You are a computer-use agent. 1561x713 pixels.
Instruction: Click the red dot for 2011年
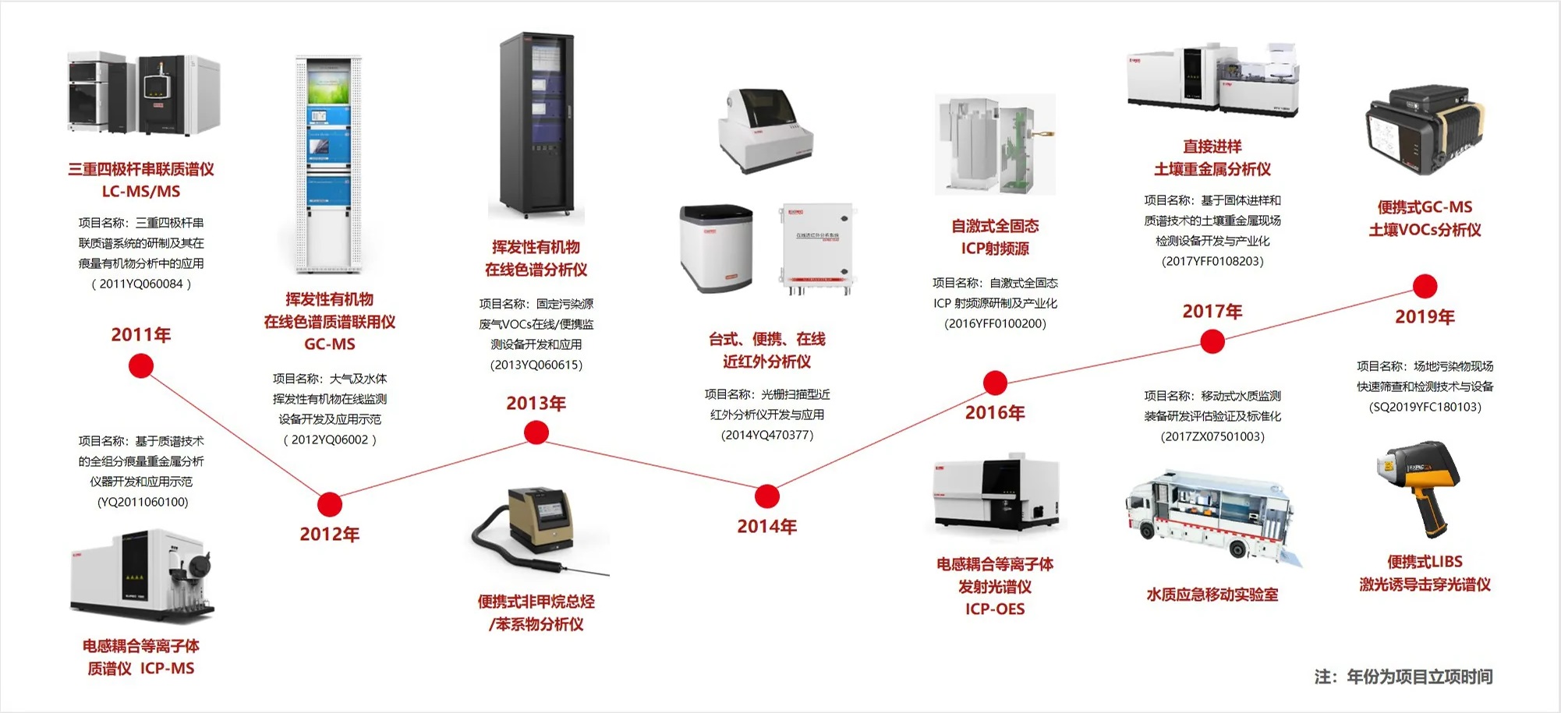[141, 365]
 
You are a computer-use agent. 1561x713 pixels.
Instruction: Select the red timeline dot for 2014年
[767, 496]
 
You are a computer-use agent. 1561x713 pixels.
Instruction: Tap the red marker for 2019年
[1425, 287]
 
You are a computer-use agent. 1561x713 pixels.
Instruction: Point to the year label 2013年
[536, 404]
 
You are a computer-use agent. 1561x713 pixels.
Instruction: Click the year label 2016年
[995, 413]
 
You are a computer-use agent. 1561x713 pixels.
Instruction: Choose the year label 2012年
[329, 535]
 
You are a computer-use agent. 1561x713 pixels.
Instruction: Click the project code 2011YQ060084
[141, 284]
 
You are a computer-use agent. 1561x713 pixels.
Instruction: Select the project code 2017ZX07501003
[1212, 436]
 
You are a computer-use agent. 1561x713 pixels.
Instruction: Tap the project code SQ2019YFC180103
[1425, 407]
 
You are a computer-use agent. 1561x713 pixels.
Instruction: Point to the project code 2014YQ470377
[767, 435]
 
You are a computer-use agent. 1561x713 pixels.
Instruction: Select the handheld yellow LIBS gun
[1419, 487]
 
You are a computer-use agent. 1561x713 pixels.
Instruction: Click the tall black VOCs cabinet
[537, 125]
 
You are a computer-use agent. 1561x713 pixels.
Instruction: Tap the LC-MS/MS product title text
[141, 192]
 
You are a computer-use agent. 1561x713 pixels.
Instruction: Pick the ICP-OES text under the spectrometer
[995, 609]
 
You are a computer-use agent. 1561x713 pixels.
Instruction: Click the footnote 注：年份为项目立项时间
[1403, 676]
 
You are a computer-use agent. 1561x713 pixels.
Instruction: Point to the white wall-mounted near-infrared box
[816, 248]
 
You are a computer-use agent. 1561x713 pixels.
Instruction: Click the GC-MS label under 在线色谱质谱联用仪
[329, 344]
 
